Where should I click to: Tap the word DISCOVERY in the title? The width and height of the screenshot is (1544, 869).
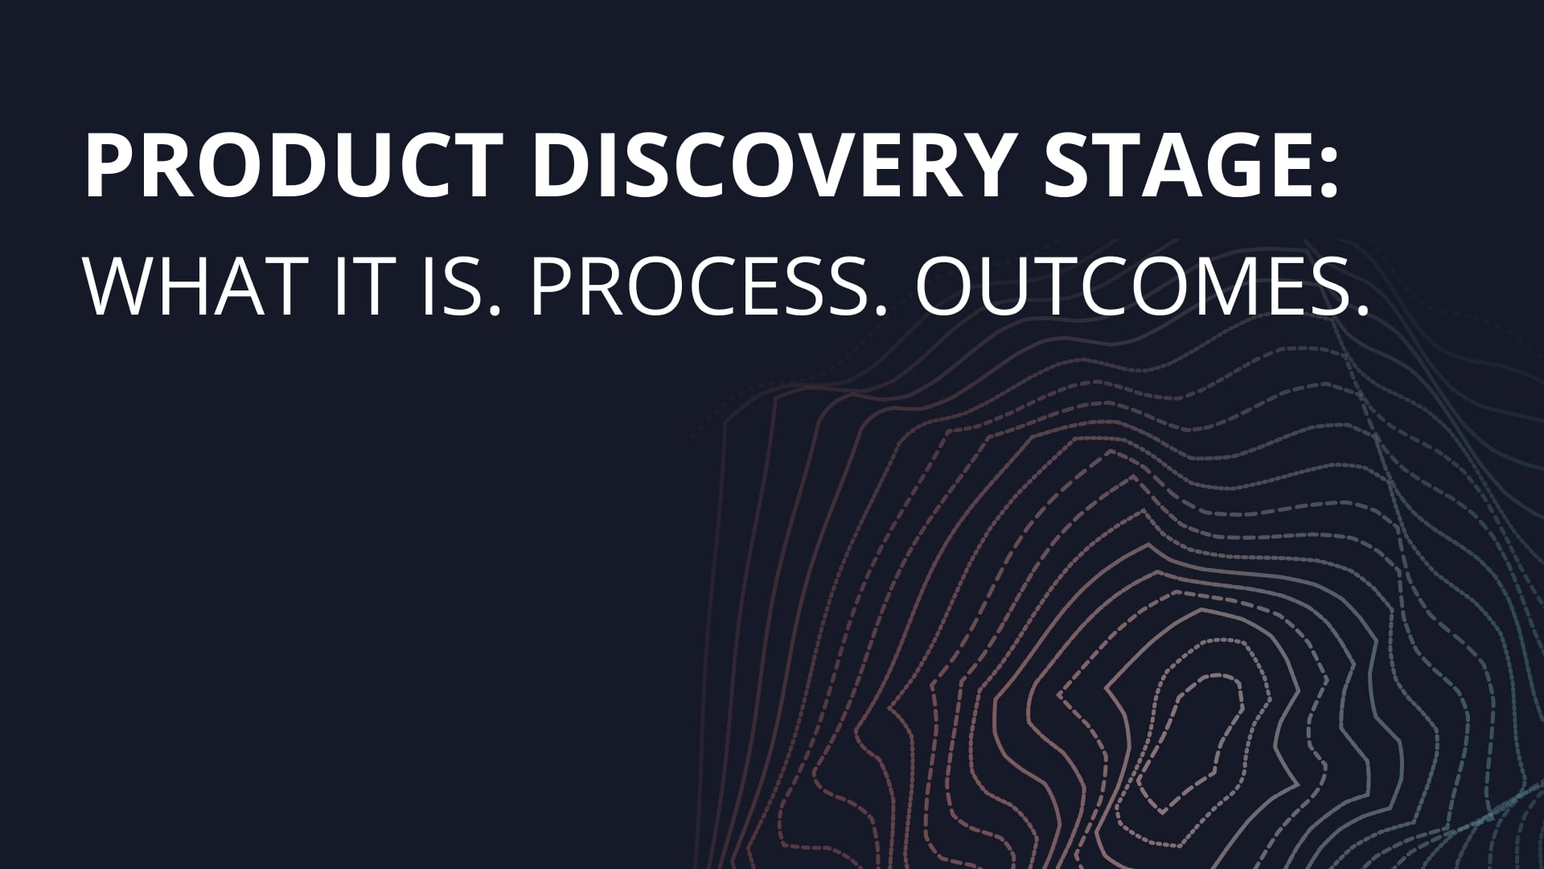(x=771, y=166)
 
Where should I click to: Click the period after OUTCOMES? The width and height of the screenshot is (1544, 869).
(x=1360, y=311)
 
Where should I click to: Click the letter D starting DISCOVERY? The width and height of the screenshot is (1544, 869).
(x=562, y=166)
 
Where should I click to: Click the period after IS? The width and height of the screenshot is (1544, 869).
(x=493, y=311)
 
